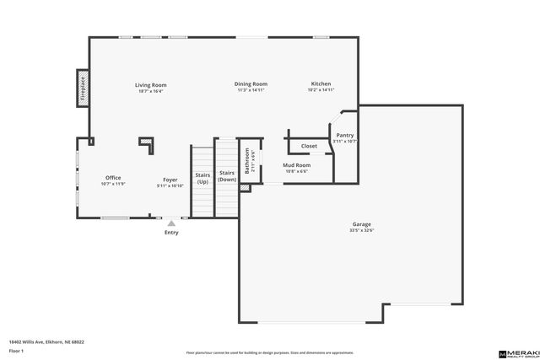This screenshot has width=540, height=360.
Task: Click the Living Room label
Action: tap(152, 84)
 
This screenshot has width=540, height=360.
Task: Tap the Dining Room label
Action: tap(251, 84)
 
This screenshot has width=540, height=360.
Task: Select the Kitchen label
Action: tap(321, 84)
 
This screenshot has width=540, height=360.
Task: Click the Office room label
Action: tap(113, 178)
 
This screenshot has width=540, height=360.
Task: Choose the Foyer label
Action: tap(170, 180)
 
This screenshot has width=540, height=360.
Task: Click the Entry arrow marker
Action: tap(171, 223)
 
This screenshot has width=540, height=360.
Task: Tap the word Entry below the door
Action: tap(171, 233)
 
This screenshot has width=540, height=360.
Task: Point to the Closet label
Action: tap(309, 146)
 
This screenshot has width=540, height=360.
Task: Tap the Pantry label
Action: tap(345, 135)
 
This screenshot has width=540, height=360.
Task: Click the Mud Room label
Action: tap(296, 165)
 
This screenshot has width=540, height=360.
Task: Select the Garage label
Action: tap(362, 224)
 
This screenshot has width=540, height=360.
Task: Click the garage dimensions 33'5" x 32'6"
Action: tap(362, 230)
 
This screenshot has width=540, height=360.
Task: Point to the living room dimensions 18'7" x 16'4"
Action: tap(152, 90)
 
